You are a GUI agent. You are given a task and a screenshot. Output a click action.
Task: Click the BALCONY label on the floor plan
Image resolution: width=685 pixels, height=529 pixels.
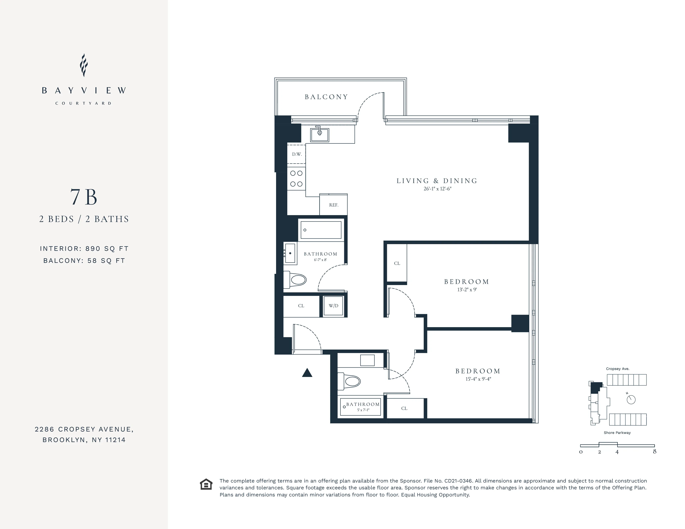tap(326, 97)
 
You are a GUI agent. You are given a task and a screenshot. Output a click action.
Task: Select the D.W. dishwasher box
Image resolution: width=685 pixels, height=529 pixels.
tap(296, 154)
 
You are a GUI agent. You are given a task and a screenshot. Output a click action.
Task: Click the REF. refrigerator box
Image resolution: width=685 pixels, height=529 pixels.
tap(333, 205)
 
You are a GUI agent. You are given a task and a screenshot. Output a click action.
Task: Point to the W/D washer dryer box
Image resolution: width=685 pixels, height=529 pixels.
tap(333, 306)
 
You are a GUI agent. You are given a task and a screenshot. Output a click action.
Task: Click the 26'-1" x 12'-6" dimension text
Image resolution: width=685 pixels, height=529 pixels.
tap(437, 189)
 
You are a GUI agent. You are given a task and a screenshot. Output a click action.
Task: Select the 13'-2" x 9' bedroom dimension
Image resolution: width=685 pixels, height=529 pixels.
tap(467, 290)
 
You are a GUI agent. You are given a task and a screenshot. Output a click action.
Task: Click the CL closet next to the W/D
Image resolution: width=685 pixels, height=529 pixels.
tap(301, 306)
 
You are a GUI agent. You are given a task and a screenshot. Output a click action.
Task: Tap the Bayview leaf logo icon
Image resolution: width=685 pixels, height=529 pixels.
tap(83, 65)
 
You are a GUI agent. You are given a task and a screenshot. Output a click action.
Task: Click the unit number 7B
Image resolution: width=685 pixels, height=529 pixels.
tap(84, 197)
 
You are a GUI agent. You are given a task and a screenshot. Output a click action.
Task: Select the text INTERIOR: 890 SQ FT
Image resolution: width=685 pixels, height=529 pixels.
tap(84, 249)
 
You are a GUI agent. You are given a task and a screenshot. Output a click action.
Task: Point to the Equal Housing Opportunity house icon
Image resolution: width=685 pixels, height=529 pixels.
tap(206, 484)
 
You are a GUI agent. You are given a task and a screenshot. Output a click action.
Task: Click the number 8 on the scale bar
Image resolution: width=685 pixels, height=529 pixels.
tap(654, 452)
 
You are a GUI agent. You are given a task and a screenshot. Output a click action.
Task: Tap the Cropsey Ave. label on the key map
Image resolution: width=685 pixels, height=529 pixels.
tap(618, 369)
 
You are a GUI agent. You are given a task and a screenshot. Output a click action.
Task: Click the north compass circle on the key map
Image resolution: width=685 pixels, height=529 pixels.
tap(631, 400)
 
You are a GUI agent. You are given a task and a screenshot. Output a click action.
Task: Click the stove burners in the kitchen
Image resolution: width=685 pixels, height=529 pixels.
tap(296, 179)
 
